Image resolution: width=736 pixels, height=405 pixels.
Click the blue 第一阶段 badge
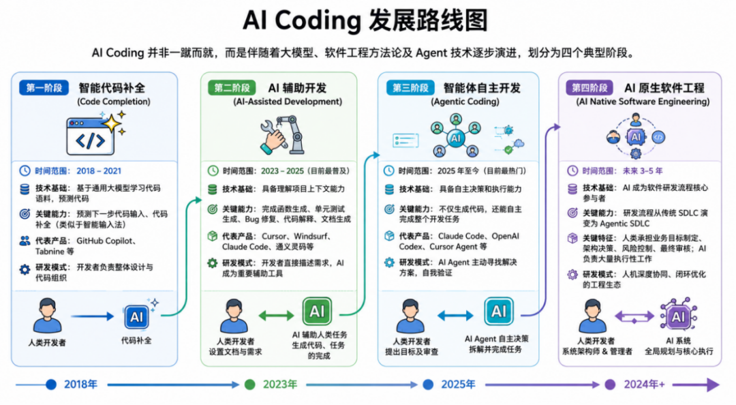pyautogui.click(x=44, y=88)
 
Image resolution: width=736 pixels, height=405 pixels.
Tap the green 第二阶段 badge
pyautogui.click(x=232, y=88)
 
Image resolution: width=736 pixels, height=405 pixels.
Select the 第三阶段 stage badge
pyautogui.click(x=411, y=88)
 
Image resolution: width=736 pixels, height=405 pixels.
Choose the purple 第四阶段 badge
pyautogui.click(x=589, y=88)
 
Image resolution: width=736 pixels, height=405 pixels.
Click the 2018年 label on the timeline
pyautogui.click(x=80, y=385)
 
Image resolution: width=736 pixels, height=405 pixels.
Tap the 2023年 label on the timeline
pyautogui.click(x=280, y=385)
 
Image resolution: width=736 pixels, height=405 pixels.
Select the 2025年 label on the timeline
pyautogui.click(x=458, y=385)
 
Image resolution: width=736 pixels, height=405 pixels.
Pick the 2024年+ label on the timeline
pyautogui.click(x=644, y=385)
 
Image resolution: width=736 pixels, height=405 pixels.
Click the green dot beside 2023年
pyautogui.click(x=249, y=385)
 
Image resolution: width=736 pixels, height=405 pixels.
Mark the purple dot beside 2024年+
pyautogui.click(x=610, y=385)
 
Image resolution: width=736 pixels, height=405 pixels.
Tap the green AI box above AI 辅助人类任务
pyautogui.click(x=317, y=311)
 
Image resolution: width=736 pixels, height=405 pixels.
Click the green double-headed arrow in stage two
pyautogui.click(x=276, y=315)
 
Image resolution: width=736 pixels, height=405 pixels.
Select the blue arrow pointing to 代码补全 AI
pyautogui.click(x=93, y=316)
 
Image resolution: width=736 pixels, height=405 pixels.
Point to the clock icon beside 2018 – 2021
pyautogui.click(x=25, y=171)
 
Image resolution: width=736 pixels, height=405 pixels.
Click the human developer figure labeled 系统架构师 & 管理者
pyautogui.click(x=592, y=316)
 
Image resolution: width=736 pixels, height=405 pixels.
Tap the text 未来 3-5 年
pyautogui.click(x=643, y=171)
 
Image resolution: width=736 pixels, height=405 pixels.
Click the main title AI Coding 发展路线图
pyautogui.click(x=366, y=20)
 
